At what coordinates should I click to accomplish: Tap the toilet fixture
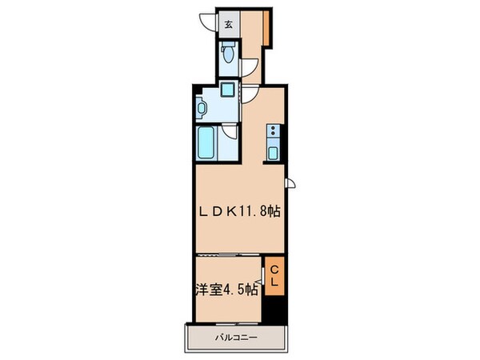pos(229,54)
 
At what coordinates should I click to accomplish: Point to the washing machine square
pos(228,90)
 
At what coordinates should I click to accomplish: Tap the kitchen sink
pos(274,153)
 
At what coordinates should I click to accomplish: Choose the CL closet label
pos(274,276)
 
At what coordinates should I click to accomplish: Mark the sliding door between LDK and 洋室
pos(228,254)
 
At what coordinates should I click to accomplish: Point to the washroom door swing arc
pos(250,94)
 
